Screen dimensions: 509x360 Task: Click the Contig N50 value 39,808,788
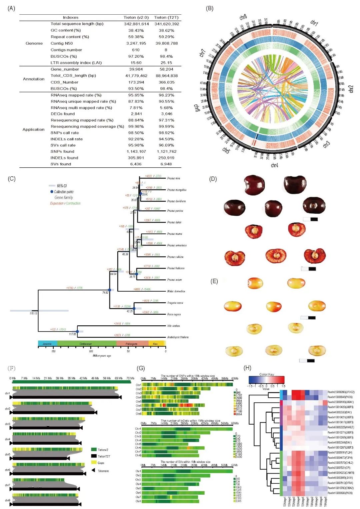pos(166,43)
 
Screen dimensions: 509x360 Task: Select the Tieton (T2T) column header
pos(166,17)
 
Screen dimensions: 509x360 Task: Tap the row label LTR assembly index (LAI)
pos(76,63)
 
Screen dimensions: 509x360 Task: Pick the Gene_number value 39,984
pos(136,69)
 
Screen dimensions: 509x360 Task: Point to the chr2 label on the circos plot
pos(351,89)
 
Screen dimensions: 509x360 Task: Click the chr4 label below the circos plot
pos(274,165)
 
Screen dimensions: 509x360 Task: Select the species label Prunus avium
pos(174,280)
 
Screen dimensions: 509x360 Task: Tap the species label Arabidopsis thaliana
pos(178,337)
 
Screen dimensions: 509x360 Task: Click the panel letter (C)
pos(12,179)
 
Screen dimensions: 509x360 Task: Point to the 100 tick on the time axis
pos(91,351)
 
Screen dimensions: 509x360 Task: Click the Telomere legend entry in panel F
pos(103,471)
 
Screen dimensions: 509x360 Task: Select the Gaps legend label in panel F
pos(101,463)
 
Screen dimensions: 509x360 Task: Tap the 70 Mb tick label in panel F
pos(130,378)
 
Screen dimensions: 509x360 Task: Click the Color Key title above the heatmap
pos(267,374)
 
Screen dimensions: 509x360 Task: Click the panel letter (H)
pos(247,368)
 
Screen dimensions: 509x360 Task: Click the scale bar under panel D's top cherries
pos(310,219)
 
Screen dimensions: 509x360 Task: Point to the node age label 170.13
pos(33,313)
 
